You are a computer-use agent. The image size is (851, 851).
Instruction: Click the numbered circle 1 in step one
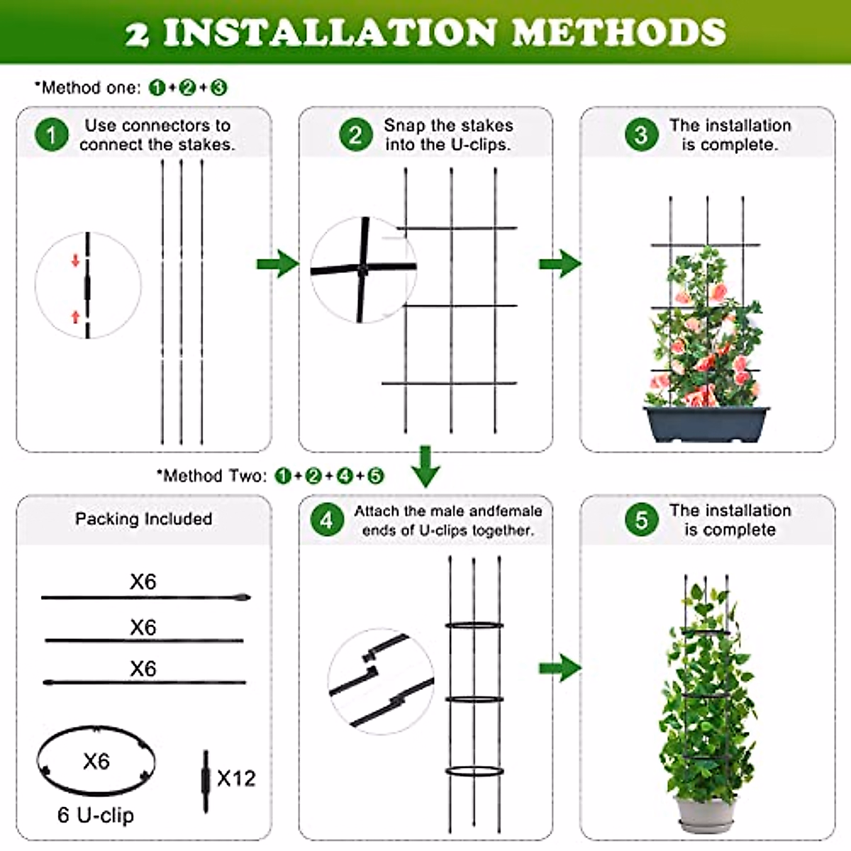click(52, 135)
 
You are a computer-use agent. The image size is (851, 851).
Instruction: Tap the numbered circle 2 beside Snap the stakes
click(355, 135)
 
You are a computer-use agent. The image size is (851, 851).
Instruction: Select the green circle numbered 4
click(326, 521)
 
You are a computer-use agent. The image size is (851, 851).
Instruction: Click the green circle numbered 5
click(641, 520)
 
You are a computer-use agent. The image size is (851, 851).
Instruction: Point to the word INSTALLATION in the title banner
click(330, 33)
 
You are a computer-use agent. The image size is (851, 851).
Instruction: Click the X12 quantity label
click(236, 778)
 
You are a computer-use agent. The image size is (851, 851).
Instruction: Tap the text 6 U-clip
click(95, 815)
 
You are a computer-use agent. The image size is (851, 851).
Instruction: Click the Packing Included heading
click(144, 518)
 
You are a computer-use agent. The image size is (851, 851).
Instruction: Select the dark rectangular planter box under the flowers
click(706, 423)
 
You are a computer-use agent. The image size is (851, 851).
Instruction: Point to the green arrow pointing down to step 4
click(425, 466)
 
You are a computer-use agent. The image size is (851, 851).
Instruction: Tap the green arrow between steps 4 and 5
click(560, 667)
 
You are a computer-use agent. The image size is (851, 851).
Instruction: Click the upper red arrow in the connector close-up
click(76, 260)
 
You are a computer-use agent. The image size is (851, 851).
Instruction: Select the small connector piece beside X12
click(206, 780)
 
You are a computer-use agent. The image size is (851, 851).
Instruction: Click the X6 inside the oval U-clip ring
click(96, 761)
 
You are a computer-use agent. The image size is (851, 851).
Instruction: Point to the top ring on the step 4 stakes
click(474, 625)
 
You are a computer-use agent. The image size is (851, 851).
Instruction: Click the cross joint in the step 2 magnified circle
click(363, 269)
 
